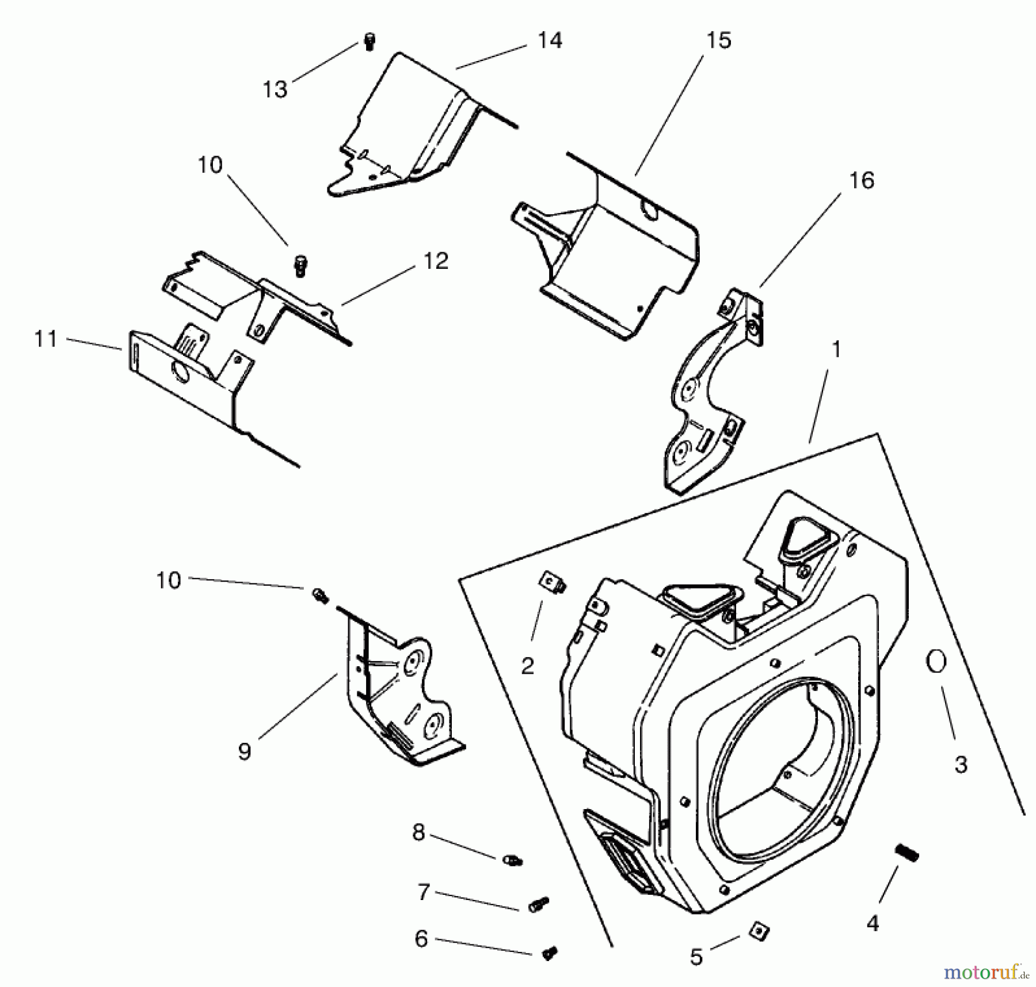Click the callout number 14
coord(550,40)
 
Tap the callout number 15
coord(718,40)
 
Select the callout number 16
coord(862,180)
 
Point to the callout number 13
coord(275,89)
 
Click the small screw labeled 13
coord(370,42)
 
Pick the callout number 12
coord(436,261)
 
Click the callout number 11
coord(45,339)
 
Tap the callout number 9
coord(245,751)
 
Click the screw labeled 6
coord(549,954)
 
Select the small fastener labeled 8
coord(512,860)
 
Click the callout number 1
coord(836,349)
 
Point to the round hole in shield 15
coord(650,212)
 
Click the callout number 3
coord(961,765)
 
